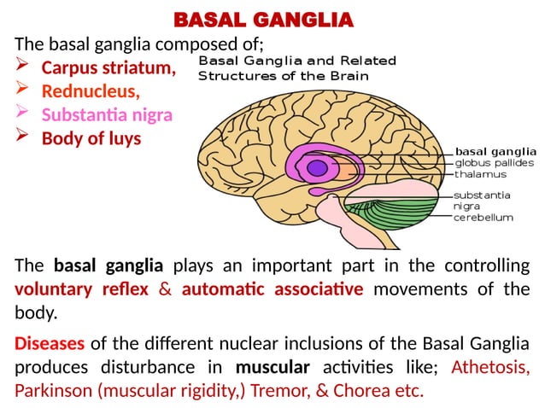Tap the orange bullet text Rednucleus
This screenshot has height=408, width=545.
91,90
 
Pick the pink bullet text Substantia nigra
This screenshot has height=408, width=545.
107,114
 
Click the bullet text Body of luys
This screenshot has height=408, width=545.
91,138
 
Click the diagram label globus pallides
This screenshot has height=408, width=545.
495,162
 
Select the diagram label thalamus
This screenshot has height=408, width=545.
480,174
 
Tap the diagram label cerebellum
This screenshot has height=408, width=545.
483,217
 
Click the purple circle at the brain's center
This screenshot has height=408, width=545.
317,167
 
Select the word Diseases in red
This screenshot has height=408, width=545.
50,345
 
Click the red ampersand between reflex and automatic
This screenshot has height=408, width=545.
165,289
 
